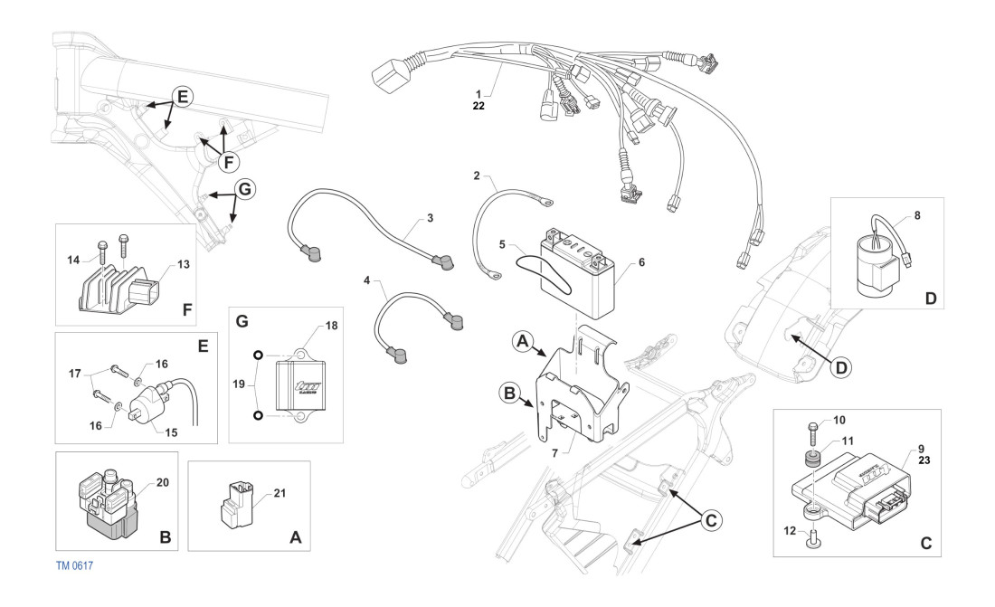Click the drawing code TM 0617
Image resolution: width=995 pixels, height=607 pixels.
75,565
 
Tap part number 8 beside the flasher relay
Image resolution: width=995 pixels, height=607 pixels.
919,216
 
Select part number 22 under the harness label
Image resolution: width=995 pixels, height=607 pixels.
479,105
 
